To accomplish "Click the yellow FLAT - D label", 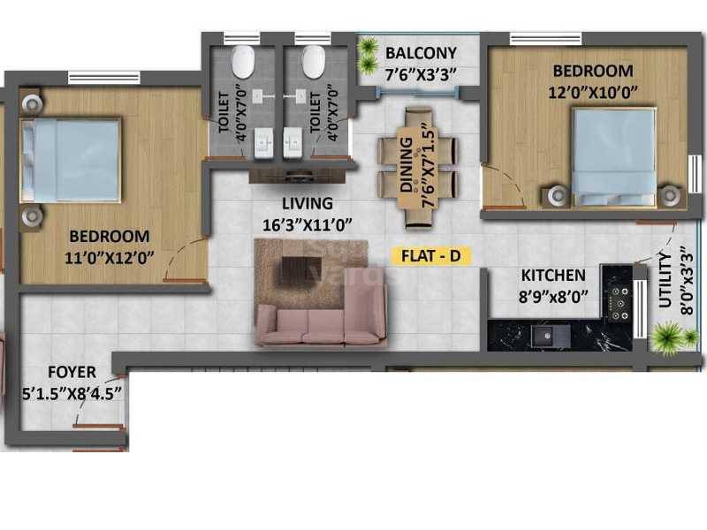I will (431, 256).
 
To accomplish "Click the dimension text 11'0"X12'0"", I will (110, 258).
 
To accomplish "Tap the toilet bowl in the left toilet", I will (242, 62).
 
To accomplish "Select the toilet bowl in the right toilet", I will (314, 62).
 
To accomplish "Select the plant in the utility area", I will (667, 337).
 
